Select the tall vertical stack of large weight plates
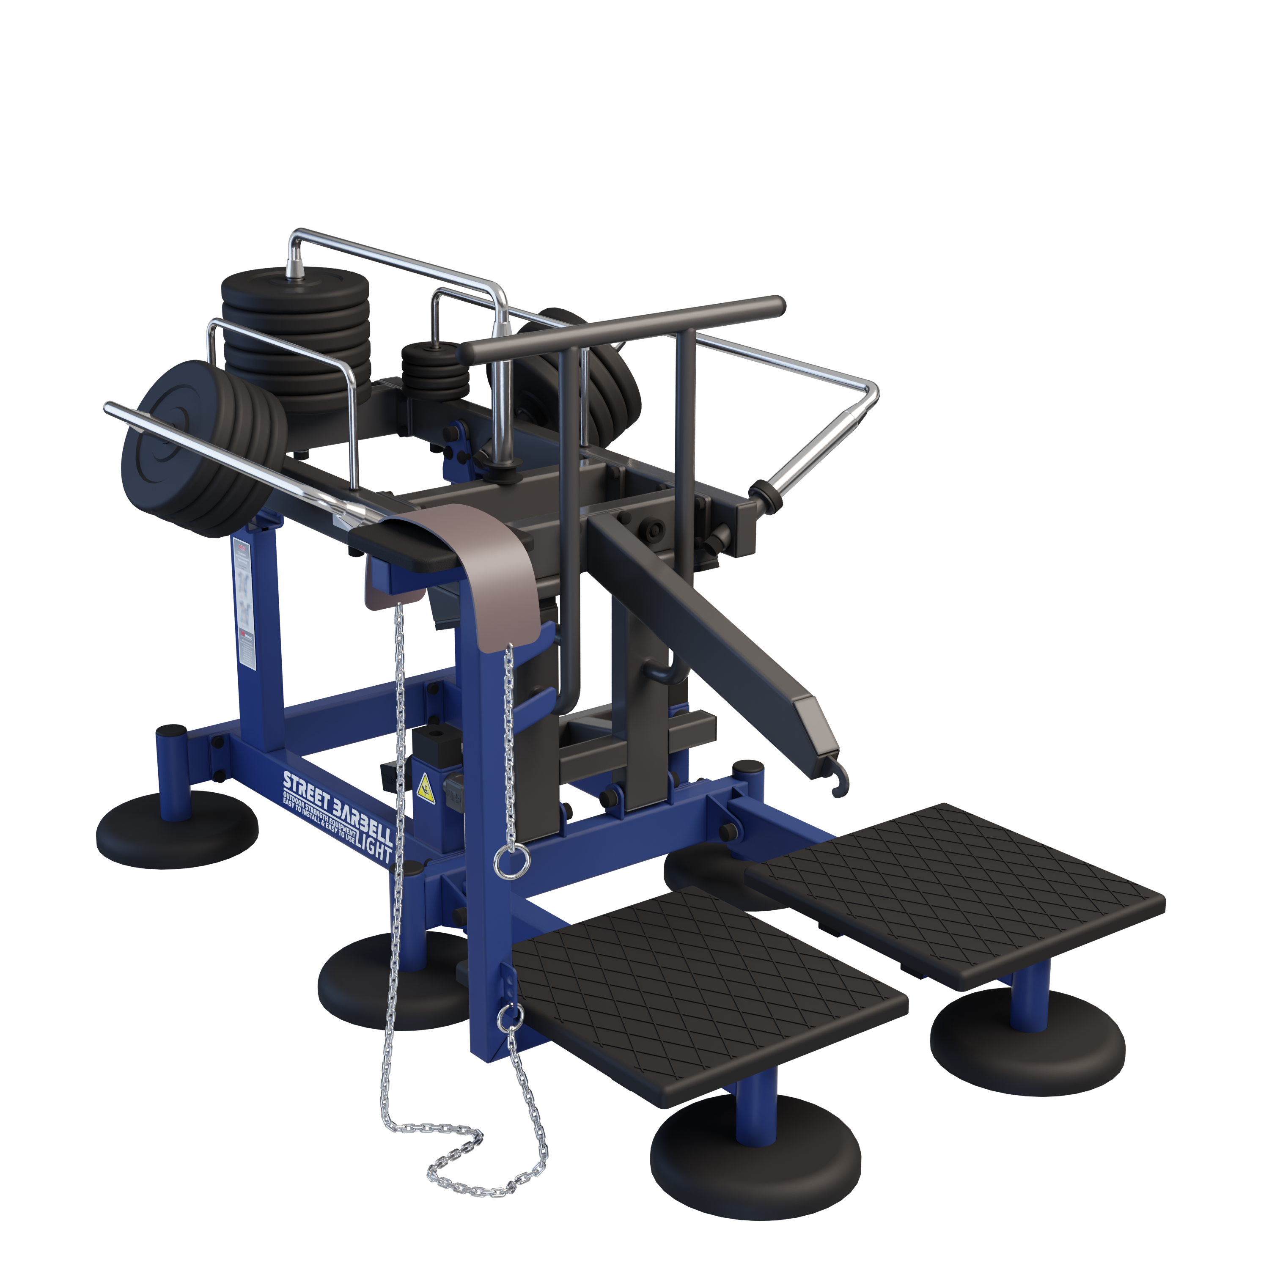pos(296,335)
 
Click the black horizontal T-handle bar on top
pos(621,328)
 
